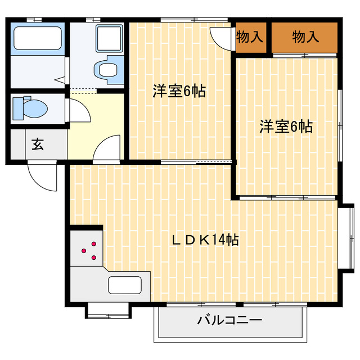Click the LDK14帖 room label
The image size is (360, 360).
click(205, 240)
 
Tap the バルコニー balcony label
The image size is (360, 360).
click(229, 321)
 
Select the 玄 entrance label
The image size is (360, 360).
click(38, 145)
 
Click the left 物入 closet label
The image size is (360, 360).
click(249, 38)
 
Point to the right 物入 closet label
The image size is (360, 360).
click(305, 38)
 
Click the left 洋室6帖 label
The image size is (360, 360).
click(179, 92)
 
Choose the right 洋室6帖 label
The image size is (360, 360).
click(286, 127)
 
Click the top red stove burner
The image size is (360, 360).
click(93, 244)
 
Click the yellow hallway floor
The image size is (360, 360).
click(93, 127)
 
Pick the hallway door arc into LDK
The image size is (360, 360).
click(106, 149)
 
